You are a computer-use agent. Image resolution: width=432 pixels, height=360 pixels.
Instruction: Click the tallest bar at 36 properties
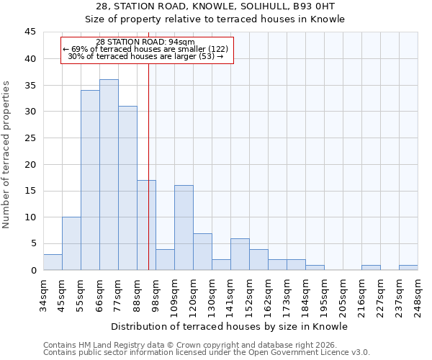coord(109,175)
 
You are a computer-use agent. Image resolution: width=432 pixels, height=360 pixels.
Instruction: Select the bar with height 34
coord(90,180)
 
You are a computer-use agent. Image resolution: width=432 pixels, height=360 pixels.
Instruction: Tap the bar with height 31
coord(127,188)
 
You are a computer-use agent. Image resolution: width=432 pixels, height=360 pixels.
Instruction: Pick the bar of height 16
coord(184,228)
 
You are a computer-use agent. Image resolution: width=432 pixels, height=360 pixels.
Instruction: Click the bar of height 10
coord(71,243)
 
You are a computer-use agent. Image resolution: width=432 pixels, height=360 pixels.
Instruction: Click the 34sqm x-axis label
coord(44,294)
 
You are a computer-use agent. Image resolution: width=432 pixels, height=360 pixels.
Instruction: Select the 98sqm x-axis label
coord(156,294)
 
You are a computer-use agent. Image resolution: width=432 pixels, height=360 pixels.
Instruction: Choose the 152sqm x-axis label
coord(250,296)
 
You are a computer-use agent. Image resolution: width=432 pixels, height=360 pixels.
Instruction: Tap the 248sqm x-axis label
coord(418,296)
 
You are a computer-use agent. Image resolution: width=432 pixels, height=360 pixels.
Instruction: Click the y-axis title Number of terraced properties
coord(6,155)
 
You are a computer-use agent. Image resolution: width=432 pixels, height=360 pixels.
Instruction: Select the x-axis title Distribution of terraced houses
coord(231,326)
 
